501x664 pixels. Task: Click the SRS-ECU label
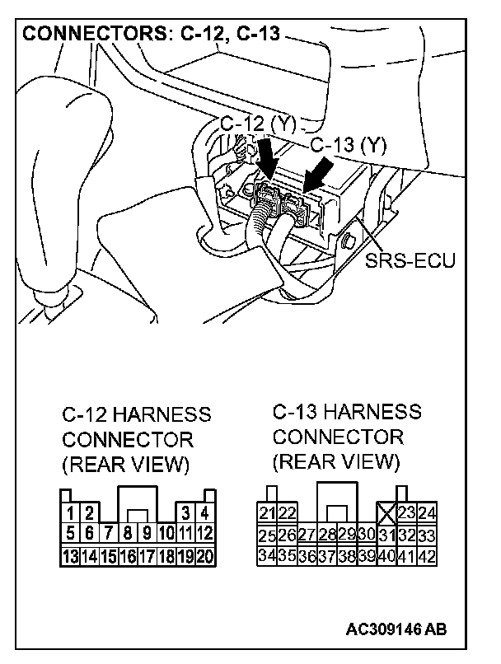point(410,261)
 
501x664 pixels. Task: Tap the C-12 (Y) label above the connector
point(258,124)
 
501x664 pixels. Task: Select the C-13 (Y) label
point(349,145)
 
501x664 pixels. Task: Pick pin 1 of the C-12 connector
point(72,514)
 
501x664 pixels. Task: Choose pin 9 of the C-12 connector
point(147,534)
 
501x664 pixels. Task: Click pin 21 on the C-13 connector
point(267,513)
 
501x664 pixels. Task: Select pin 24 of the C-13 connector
point(426,513)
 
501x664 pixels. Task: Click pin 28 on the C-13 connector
point(327,535)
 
